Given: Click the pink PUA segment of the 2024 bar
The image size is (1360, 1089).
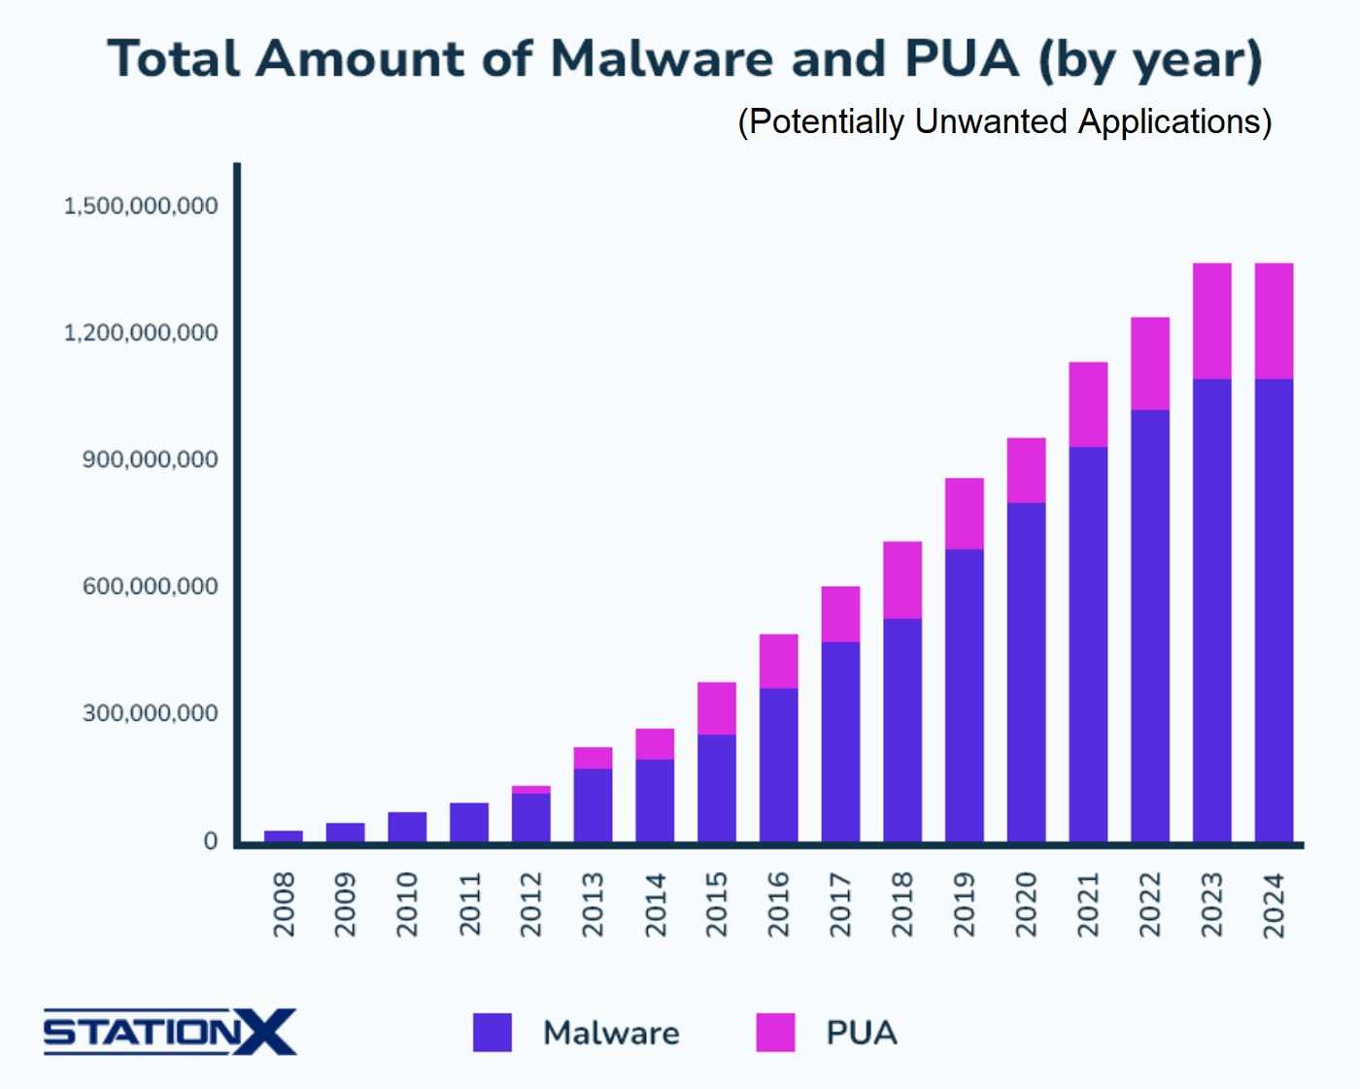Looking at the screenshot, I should click(x=1274, y=321).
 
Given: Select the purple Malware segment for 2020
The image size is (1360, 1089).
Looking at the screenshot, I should click(x=1026, y=671).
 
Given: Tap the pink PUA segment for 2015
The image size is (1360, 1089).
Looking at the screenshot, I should click(x=716, y=708).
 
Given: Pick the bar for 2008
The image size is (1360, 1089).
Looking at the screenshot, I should click(x=283, y=835).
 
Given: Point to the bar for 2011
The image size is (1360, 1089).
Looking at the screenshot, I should click(x=469, y=822).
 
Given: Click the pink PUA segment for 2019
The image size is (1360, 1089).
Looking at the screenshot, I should click(x=964, y=513).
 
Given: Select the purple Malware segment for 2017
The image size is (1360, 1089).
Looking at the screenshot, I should click(x=840, y=741).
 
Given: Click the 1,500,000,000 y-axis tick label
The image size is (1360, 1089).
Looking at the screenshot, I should click(x=141, y=206).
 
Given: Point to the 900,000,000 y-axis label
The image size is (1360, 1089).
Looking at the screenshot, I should click(x=150, y=459).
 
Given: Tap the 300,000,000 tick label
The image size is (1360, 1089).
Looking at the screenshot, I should click(x=150, y=713).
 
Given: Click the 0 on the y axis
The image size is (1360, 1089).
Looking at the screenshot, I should click(x=210, y=841).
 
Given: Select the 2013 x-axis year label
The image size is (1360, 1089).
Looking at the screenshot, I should click(x=593, y=904).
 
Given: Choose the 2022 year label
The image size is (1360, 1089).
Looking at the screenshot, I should click(x=1150, y=904).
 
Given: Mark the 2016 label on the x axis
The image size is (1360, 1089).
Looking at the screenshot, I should click(x=778, y=904).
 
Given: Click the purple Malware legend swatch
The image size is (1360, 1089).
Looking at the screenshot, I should click(x=493, y=1032).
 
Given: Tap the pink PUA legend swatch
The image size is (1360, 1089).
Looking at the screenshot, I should click(x=775, y=1032).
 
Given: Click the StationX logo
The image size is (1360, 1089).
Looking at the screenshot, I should click(x=169, y=1032).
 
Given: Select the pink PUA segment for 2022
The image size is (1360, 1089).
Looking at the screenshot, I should click(x=1150, y=363).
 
